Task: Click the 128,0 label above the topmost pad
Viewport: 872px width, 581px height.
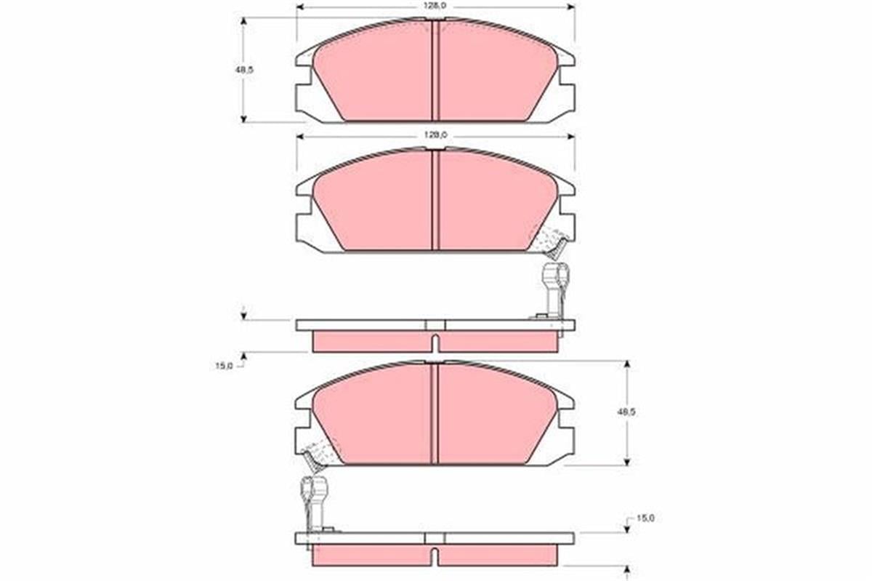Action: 435,6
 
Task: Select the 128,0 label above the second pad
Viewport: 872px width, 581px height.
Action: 435,135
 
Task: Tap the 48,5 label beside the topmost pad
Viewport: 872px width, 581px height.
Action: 233,70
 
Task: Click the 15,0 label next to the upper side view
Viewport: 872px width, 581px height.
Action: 224,366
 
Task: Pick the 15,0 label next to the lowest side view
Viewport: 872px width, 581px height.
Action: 645,518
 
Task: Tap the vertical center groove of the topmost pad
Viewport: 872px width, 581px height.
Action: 435,70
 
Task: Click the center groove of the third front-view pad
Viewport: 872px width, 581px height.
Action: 435,413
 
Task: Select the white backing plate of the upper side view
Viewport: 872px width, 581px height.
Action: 363,325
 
